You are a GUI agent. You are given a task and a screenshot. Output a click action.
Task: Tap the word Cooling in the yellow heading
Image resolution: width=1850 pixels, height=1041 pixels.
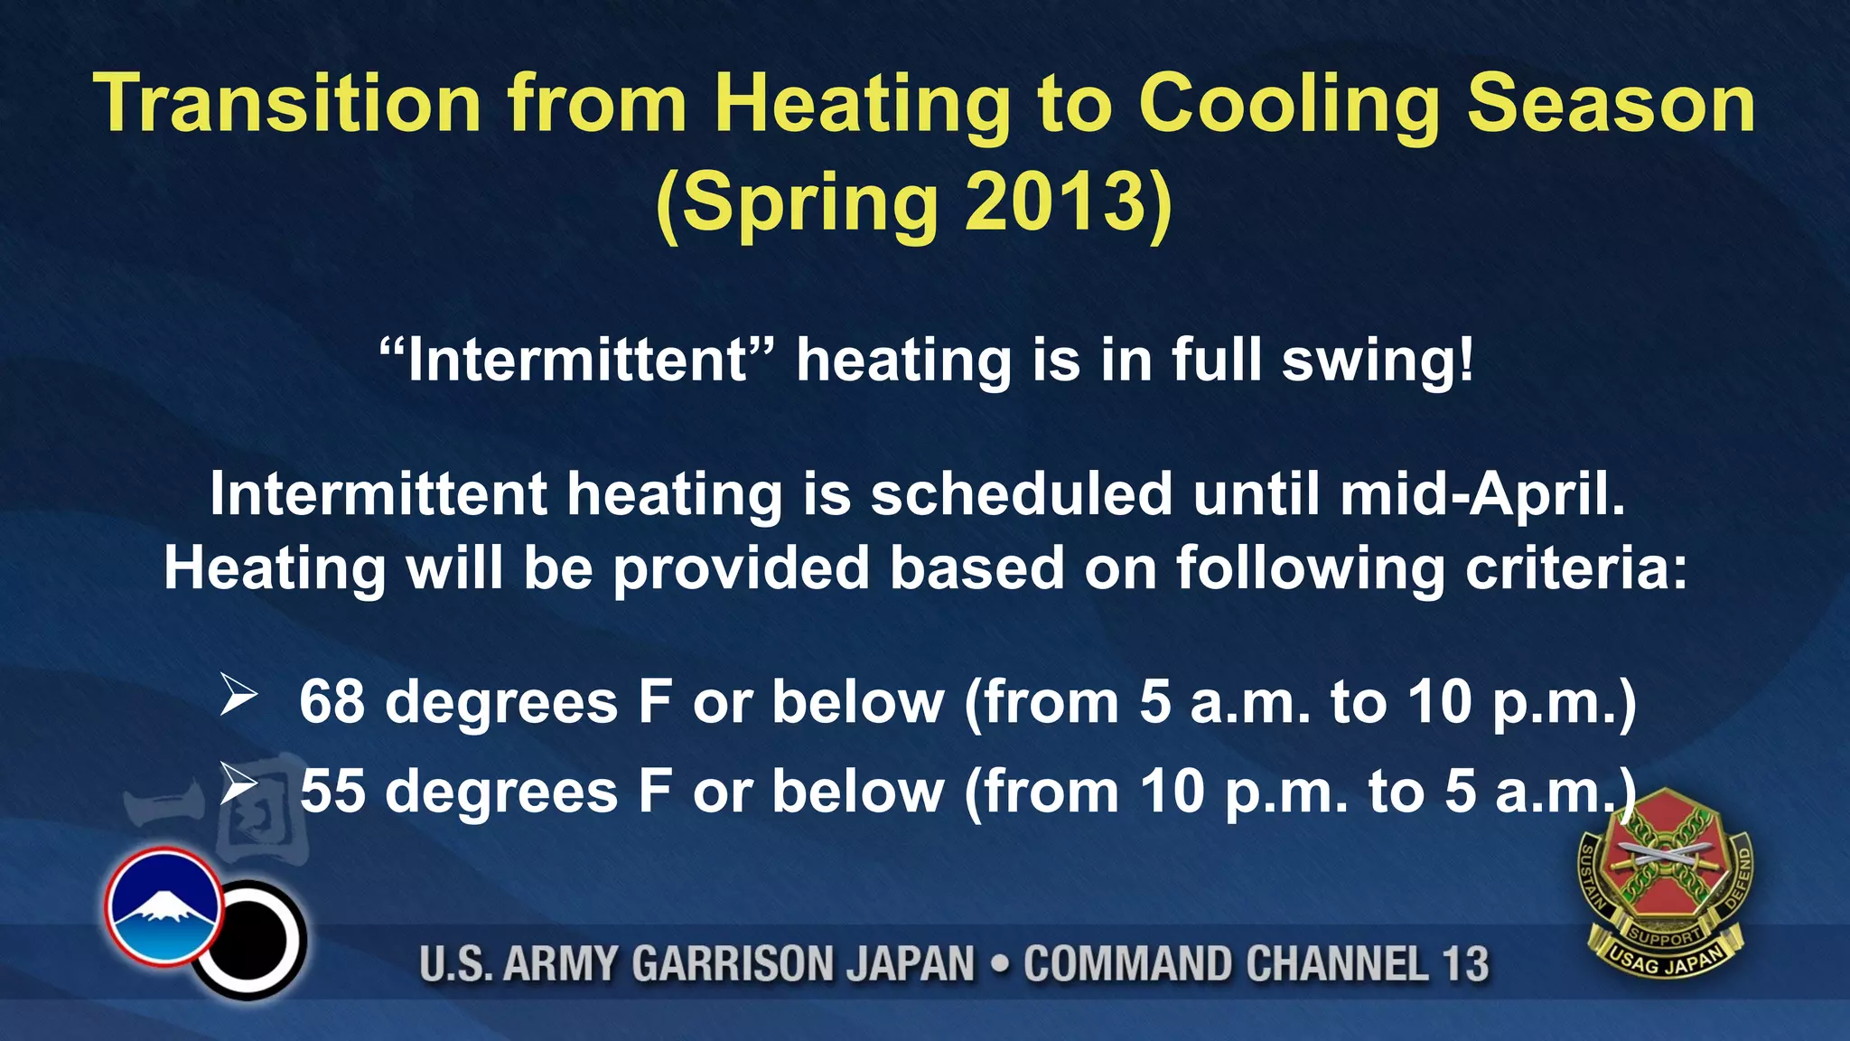pos(1289,104)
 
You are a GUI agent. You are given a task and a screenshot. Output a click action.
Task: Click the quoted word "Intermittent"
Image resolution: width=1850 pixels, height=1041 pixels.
pos(578,360)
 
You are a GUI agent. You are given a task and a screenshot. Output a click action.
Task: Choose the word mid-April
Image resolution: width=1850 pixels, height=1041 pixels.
pos(1482,494)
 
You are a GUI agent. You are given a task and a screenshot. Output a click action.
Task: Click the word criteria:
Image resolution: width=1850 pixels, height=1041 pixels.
pos(1576,568)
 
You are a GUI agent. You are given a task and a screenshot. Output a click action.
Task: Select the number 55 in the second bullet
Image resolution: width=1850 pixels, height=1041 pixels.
pos(332,791)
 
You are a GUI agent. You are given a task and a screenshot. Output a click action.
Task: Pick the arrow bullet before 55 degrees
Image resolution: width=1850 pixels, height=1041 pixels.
pos(238,784)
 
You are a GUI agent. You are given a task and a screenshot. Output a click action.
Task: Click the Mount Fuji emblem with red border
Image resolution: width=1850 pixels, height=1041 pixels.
pos(164,906)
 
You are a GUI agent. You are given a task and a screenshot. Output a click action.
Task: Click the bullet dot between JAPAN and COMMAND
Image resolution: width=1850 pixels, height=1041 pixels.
pos(999,963)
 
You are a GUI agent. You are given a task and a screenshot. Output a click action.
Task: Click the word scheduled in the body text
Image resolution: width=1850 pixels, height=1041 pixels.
pos(1021,494)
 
